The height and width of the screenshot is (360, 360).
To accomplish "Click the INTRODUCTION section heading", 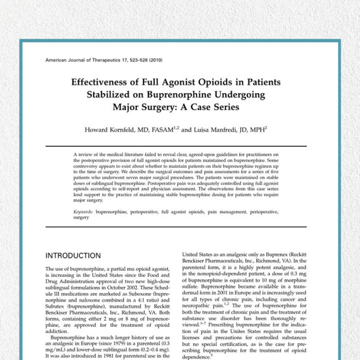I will [x=73, y=256].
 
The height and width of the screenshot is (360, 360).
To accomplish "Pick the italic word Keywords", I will [x=83, y=212].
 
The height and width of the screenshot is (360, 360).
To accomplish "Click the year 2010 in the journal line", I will [x=153, y=59].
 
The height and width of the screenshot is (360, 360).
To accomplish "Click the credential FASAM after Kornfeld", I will [x=160, y=130].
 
